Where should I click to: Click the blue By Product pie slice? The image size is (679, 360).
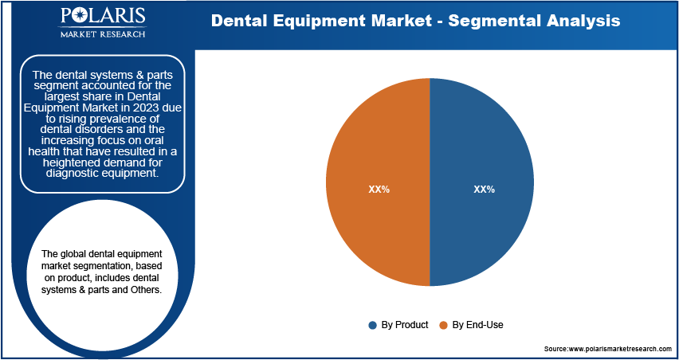[481, 182]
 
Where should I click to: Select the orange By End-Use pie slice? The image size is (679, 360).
[378, 182]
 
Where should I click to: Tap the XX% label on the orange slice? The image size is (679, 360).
[379, 190]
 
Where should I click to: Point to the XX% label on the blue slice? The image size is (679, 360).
[484, 190]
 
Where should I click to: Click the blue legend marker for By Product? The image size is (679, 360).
[372, 326]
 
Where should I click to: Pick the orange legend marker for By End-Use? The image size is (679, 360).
[443, 326]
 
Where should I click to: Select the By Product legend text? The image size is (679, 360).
[405, 325]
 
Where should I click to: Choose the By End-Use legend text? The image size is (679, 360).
[477, 325]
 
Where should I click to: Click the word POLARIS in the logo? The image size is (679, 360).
[103, 17]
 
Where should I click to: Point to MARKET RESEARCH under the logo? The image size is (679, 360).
[103, 33]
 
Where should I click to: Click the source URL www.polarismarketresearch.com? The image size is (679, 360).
[619, 348]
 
